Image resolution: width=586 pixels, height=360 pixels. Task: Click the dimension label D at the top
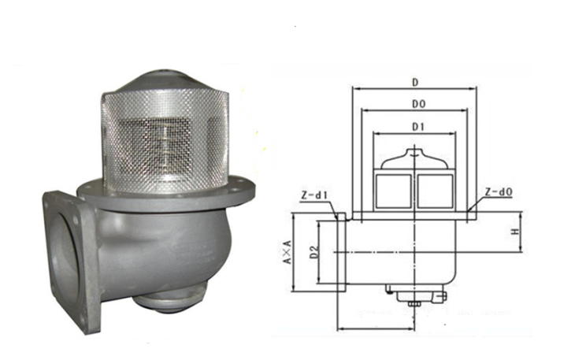tap(415, 82)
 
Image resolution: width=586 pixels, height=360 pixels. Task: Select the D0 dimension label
tap(418, 104)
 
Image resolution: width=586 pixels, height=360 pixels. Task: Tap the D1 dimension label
tap(418, 127)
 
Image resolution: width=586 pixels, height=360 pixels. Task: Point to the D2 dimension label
tap(314, 252)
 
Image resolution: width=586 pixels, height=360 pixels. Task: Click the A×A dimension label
tap(287, 252)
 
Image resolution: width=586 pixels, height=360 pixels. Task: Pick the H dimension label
tap(515, 232)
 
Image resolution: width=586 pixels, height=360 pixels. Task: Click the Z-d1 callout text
tap(314, 195)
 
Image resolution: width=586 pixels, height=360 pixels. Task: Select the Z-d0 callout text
tap(499, 192)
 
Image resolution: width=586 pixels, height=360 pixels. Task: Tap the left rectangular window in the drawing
tap(394, 191)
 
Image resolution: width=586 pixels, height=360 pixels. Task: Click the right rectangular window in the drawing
tap(436, 191)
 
